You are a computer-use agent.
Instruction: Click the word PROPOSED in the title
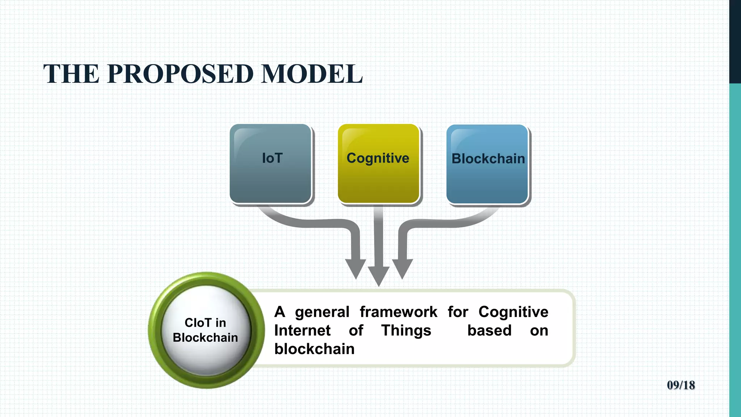tap(180, 74)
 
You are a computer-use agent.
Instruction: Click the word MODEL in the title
tap(312, 74)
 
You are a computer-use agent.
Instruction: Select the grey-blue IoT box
tap(271, 164)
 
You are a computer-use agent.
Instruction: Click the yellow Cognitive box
tap(378, 164)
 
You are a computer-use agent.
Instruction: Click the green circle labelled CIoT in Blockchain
tap(206, 330)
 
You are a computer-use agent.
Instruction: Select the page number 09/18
tap(681, 385)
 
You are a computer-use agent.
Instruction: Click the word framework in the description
tap(398, 312)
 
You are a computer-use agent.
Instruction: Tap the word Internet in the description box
tap(302, 330)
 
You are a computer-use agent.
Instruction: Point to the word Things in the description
tap(406, 330)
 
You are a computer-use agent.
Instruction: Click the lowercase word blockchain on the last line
tap(314, 349)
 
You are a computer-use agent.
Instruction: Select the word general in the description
tap(322, 312)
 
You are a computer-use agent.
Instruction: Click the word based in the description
tap(489, 330)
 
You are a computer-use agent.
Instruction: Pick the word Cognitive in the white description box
tap(513, 312)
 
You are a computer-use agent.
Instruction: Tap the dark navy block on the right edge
tap(735, 42)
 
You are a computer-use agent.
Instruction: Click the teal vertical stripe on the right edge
tap(735, 250)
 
